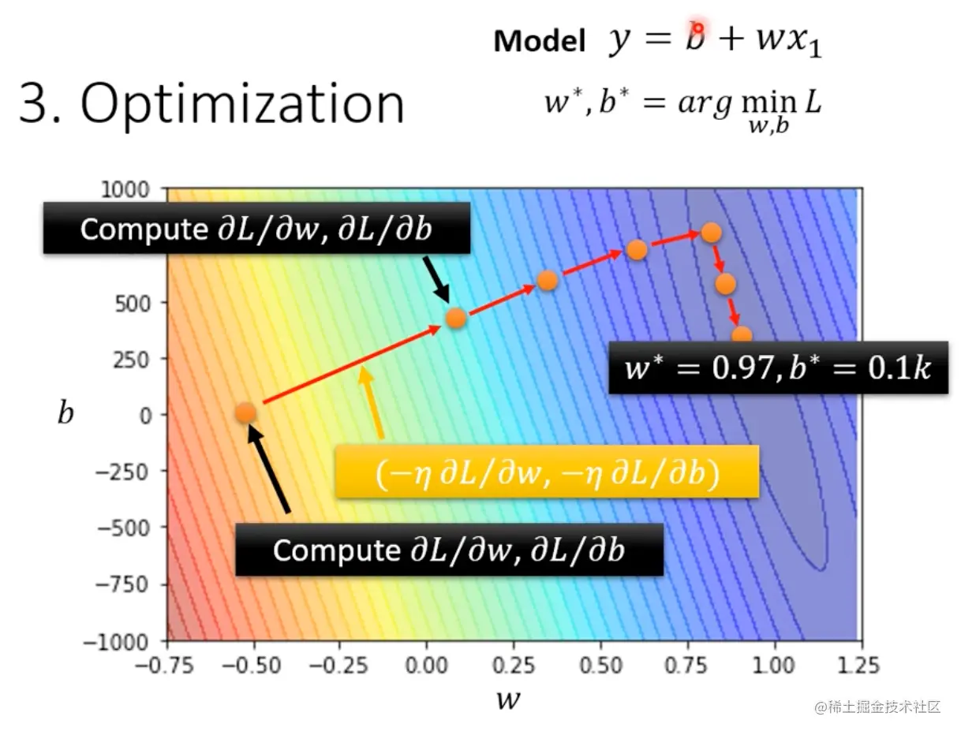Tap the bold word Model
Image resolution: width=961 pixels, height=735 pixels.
pos(540,41)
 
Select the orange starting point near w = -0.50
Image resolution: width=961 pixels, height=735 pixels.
pos(246,412)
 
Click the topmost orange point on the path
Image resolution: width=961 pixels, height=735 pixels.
pos(711,232)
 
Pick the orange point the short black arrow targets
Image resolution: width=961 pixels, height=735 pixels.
pos(456,318)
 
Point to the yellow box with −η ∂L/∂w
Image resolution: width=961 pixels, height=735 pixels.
pos(547,472)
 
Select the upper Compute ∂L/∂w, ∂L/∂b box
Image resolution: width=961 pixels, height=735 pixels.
pos(256,229)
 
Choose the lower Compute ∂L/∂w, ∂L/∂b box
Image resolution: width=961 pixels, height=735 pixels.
pos(448,550)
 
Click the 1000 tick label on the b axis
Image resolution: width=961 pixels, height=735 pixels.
pos(129,189)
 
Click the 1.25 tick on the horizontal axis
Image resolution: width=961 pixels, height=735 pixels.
pos(857,665)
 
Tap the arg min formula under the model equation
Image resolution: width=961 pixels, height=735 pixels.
pos(682,110)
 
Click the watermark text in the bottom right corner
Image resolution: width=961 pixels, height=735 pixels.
pos(878,706)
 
